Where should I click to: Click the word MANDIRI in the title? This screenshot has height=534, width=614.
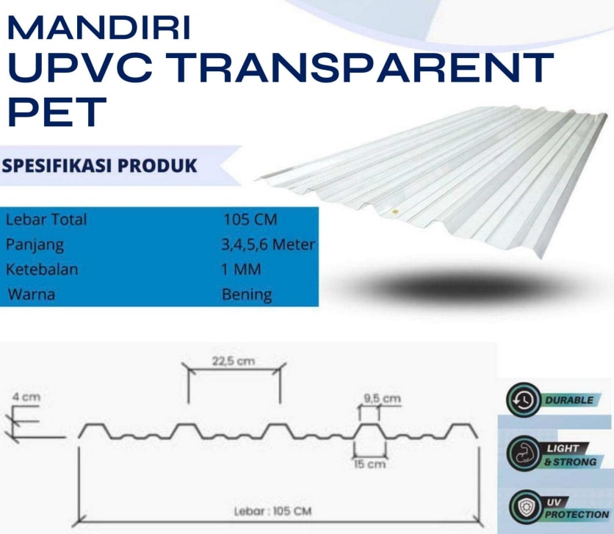coord(98,27)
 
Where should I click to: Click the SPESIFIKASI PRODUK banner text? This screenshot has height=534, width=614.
coord(99,165)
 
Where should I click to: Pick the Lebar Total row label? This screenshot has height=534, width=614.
coord(46,219)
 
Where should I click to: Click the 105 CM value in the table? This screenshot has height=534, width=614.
coord(250,219)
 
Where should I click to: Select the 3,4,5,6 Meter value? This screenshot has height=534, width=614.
coord(268,245)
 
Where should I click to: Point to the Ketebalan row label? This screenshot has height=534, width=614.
coord(42,270)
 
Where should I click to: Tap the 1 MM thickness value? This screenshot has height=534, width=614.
coord(241,270)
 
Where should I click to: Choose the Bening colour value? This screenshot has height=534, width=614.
coord(247,295)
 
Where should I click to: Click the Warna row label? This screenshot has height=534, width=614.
coord(32,295)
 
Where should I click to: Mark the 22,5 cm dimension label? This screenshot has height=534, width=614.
coord(234,361)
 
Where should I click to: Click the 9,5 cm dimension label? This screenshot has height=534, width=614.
coord(382,398)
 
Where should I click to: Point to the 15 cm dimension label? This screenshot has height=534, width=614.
coord(369,464)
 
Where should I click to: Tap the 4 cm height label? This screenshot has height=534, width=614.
coord(26,397)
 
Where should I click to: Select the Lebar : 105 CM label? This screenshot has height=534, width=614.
coord(273,511)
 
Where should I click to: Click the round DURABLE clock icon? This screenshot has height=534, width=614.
coord(524,400)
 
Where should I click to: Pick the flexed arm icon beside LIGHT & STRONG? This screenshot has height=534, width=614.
coord(524,453)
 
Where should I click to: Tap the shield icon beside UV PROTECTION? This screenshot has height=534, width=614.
coord(524,508)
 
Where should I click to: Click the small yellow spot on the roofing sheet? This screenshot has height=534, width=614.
coord(395,212)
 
